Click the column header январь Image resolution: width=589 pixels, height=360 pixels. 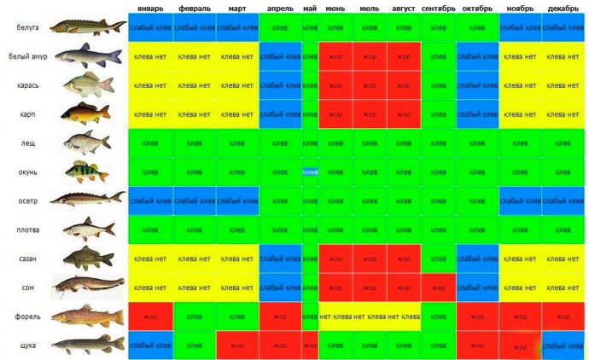click(x=150, y=9)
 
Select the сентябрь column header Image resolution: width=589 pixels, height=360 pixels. click(x=438, y=9)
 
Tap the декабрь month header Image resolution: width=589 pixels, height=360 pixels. click(x=563, y=9)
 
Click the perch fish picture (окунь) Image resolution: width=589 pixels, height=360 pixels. click(x=88, y=171)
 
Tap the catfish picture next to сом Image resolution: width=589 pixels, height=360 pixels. click(x=88, y=287)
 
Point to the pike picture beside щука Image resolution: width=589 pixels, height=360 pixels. click(x=88, y=345)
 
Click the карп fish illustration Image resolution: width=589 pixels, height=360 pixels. click(x=88, y=113)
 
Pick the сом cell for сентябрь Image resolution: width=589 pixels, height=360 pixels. click(x=438, y=287)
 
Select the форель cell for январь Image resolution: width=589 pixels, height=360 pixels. click(x=150, y=316)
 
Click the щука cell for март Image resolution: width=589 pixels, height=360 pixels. click(x=237, y=345)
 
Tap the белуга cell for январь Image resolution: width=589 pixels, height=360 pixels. click(x=150, y=27)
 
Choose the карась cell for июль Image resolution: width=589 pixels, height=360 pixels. click(x=370, y=85)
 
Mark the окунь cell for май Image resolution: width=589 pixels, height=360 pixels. click(x=310, y=171)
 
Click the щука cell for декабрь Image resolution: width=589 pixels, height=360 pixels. click(x=563, y=345)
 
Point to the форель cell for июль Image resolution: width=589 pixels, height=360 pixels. click(x=370, y=316)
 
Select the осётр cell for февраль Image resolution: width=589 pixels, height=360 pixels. click(x=194, y=200)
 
